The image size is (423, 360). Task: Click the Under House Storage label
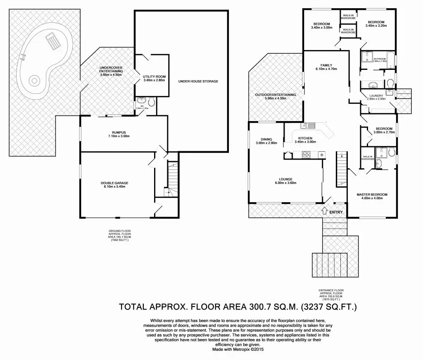[x=198, y=81]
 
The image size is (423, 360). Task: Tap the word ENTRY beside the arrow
[x=336, y=212]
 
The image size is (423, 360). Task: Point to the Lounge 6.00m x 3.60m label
[x=285, y=181]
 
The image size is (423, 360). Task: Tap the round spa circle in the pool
[x=34, y=79]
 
